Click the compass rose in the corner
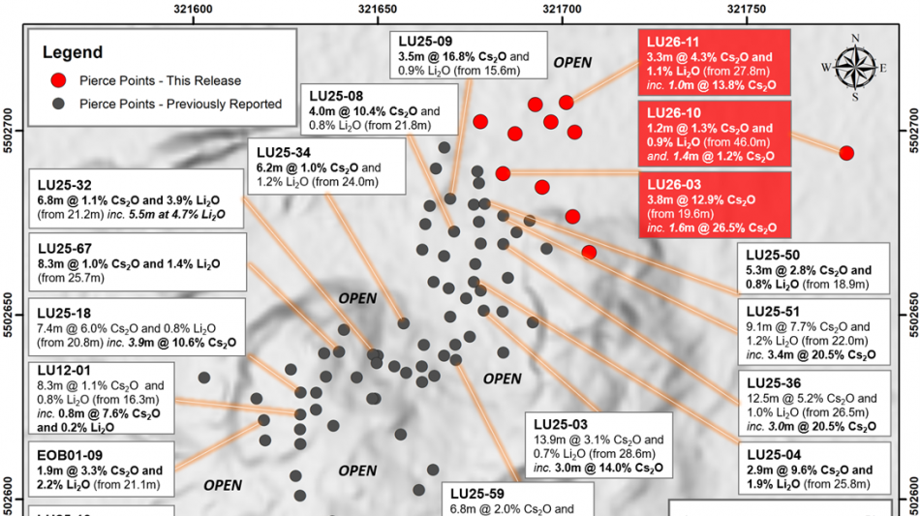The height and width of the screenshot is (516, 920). pos(854,67)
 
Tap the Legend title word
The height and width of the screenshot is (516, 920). pos(70,52)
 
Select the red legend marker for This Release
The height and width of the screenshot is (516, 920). pos(60,80)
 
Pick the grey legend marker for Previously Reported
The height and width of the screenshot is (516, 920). pos(60,104)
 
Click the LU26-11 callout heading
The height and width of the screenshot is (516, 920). pos(672,42)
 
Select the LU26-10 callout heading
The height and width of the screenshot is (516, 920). pos(672,113)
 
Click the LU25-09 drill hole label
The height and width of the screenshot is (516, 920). pos(426,42)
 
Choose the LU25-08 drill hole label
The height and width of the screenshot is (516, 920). pos(336,96)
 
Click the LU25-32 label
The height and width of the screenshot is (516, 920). pos(65,185)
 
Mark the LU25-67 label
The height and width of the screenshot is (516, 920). pos(65,247)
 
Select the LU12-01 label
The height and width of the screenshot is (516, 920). pos(65,370)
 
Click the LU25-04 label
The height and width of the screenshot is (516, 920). pos(773,454)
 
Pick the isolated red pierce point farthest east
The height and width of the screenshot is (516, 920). pos(846,153)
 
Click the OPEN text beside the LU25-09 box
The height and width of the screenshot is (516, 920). pos(571,63)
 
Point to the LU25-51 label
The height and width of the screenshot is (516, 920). pos(773,311)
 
